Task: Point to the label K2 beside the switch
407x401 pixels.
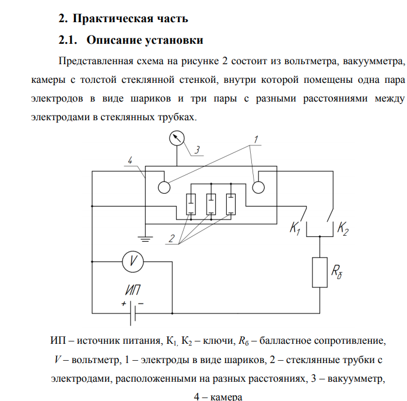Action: point(343,229)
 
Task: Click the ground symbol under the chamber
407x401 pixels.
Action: point(145,239)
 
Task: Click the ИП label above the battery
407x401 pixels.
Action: point(133,290)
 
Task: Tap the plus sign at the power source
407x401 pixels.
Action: point(124,304)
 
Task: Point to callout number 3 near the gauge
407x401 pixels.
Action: point(197,150)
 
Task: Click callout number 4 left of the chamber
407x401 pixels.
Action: point(130,161)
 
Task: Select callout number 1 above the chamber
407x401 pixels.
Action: point(256,140)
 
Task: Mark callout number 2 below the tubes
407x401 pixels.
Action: point(171,238)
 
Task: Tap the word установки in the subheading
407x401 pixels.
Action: point(174,40)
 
